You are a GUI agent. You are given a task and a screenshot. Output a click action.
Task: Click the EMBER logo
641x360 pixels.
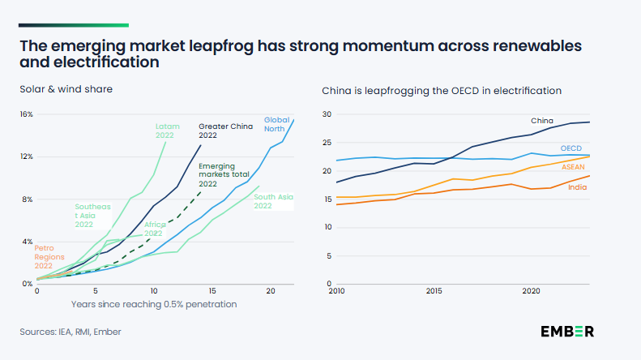coord(567,331)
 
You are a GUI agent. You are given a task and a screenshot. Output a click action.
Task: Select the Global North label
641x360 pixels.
coord(276,124)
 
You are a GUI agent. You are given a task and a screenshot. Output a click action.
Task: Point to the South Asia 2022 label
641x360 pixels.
coord(274,200)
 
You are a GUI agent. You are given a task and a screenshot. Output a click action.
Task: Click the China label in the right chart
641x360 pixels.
coord(541,121)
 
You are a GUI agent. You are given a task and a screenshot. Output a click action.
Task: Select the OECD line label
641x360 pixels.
coord(571,148)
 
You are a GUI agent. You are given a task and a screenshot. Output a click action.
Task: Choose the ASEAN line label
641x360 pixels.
coord(573,167)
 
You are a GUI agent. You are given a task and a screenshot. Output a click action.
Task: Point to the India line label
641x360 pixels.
coord(578,187)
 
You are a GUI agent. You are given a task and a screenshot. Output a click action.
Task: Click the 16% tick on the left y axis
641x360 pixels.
coord(26,114)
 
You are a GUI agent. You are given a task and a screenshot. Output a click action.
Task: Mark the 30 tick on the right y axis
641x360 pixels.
coord(327,114)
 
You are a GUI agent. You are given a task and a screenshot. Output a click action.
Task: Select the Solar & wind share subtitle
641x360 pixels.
coord(66,88)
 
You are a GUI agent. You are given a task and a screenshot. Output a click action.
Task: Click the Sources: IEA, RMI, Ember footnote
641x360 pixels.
coord(71,332)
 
